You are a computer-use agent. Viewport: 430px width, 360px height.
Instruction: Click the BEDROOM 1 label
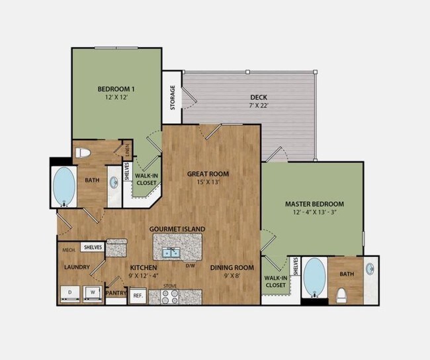tap(116, 89)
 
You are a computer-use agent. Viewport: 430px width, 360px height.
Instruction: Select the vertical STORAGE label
tap(173, 97)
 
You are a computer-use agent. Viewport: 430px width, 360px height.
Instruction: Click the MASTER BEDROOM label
tap(315, 204)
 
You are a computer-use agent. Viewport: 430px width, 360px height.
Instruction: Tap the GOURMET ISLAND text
tap(177, 229)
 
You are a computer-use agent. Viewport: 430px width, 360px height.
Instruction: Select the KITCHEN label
tap(143, 268)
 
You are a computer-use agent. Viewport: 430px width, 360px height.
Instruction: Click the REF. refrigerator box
tap(138, 295)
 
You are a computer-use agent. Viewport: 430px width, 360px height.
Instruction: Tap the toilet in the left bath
tap(83, 153)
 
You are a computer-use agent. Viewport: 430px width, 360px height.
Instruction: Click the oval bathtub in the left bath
tap(64, 187)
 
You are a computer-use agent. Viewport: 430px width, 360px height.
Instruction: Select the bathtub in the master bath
tap(314, 278)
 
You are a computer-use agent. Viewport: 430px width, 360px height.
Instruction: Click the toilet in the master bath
tap(343, 294)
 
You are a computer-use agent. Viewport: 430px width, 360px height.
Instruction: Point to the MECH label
tap(68, 251)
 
